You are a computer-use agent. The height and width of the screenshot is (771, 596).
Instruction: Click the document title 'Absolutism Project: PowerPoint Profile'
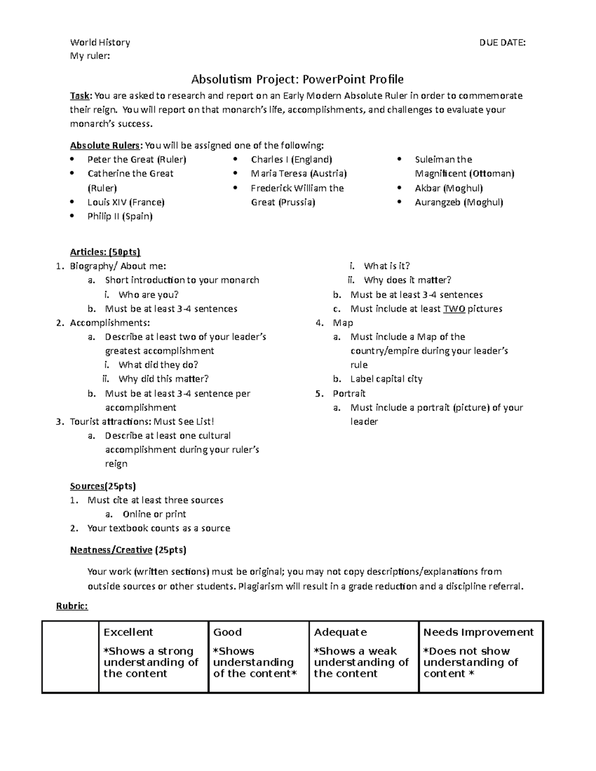click(298, 79)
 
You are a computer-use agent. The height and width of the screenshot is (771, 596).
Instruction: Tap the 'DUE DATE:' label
click(502, 43)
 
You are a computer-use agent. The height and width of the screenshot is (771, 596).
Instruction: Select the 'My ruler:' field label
click(90, 56)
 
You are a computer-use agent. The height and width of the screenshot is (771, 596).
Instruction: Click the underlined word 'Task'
click(80, 96)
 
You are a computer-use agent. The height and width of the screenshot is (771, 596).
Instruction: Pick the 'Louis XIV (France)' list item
click(126, 202)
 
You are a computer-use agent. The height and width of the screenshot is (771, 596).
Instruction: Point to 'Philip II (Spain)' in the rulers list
click(120, 216)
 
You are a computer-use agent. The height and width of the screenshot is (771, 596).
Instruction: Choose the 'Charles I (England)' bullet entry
click(292, 159)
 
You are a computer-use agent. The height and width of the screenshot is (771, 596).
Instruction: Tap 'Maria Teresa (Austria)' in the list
click(298, 174)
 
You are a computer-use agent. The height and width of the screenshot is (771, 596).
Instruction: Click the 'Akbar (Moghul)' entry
click(448, 188)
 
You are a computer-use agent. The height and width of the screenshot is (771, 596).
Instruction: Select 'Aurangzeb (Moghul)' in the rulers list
click(459, 202)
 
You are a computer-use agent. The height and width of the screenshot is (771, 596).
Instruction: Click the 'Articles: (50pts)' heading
click(105, 252)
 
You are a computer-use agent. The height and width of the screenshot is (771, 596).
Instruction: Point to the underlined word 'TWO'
click(454, 309)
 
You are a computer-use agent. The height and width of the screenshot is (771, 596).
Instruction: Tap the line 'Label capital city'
click(386, 379)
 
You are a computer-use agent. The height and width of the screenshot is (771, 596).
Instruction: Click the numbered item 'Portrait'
click(349, 394)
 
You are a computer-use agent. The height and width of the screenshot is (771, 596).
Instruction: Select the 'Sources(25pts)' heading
click(103, 486)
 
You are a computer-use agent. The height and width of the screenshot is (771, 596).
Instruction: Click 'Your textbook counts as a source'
click(158, 528)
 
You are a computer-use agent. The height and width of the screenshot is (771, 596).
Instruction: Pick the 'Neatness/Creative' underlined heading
click(111, 550)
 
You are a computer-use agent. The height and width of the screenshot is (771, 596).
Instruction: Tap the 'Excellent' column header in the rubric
click(128, 632)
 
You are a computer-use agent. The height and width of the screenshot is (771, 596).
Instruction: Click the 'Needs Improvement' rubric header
click(478, 632)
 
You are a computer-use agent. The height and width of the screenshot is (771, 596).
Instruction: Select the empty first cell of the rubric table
click(71, 656)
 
